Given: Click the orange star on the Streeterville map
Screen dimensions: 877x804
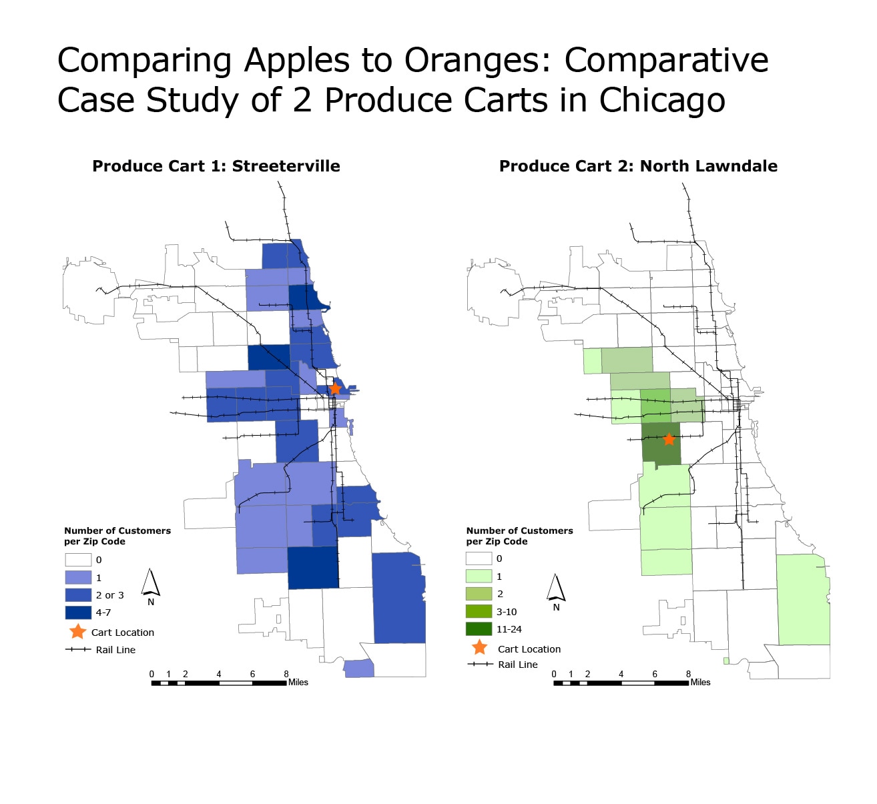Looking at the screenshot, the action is (335, 388).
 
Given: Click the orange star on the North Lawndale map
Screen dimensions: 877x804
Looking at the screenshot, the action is (669, 439).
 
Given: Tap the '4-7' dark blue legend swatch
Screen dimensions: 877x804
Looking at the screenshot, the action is (78, 612).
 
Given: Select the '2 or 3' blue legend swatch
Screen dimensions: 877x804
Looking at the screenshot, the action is (78, 594).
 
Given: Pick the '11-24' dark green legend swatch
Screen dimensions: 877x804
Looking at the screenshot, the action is (479, 629).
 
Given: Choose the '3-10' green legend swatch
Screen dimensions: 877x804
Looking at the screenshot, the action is (479, 611).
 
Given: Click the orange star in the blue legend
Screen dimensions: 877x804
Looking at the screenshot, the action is (78, 631).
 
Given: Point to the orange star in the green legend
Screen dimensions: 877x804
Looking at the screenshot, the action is (480, 647).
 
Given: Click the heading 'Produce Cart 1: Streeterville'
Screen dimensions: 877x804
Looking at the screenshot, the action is (216, 166).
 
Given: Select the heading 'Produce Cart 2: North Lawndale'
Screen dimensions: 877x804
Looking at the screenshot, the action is (638, 166).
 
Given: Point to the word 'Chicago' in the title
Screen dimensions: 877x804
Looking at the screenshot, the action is (662, 100).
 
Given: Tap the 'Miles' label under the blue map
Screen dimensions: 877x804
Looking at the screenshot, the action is (298, 682).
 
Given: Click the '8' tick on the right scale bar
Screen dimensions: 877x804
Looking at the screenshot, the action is (688, 674).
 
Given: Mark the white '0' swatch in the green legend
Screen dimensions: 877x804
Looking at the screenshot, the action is (479, 558).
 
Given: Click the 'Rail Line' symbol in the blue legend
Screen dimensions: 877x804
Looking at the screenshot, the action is (78, 649).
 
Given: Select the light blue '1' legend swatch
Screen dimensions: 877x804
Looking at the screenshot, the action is (78, 577).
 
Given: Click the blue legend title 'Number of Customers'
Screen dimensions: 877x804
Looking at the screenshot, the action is (117, 530).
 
